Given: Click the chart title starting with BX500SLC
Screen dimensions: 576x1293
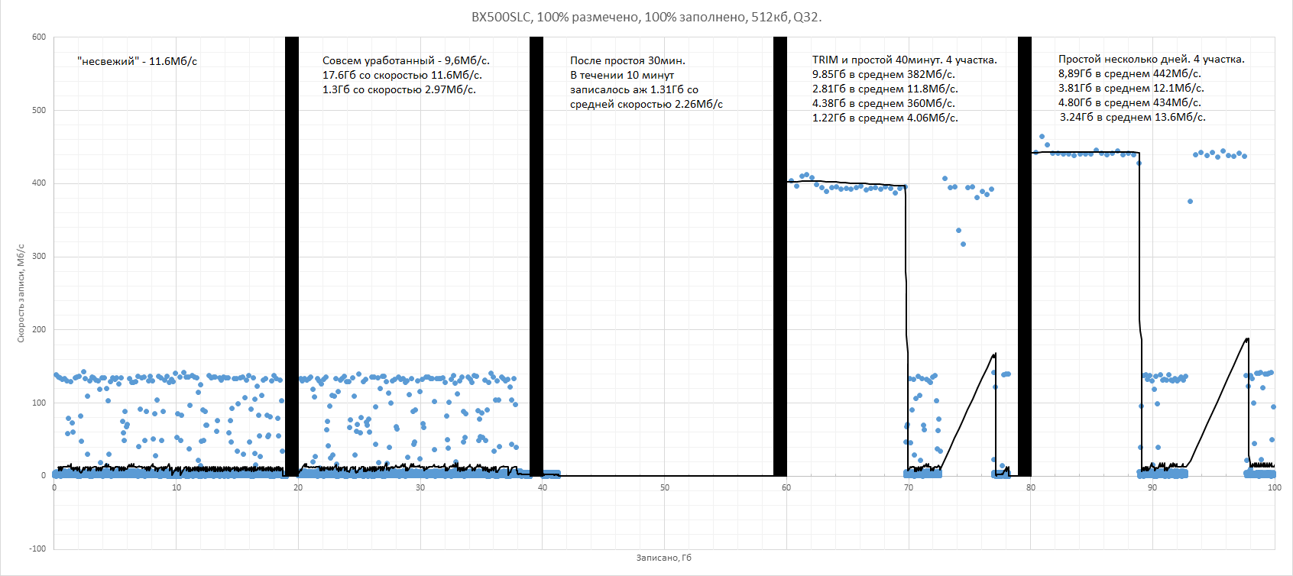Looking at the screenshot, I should tap(646, 17).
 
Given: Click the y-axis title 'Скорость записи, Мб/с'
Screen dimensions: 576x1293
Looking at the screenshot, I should tap(21, 293).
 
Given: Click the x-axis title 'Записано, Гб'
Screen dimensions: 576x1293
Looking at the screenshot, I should tap(663, 558).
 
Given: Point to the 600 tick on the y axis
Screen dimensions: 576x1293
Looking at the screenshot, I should tap(39, 37).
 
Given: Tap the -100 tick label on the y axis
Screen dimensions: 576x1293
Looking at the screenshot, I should tap(37, 548).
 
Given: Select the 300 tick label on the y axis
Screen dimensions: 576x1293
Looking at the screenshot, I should tap(39, 256).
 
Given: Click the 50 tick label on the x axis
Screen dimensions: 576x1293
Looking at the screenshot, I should tap(664, 487).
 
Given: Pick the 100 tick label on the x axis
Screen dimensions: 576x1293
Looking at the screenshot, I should tap(1274, 487).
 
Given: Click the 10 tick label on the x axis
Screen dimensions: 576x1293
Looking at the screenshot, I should tap(177, 487).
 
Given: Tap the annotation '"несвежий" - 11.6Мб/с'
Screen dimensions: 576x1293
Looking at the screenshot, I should tap(138, 61).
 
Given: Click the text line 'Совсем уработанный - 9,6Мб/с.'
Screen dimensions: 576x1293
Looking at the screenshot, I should tap(406, 60).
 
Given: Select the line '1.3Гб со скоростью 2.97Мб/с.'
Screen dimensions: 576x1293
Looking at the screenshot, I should tap(399, 89).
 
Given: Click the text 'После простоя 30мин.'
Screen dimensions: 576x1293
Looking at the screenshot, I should tap(627, 60).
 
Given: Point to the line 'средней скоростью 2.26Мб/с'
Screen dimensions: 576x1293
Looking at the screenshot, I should tap(646, 104).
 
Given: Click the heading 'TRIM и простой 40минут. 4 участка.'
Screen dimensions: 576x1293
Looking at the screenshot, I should tap(904, 60).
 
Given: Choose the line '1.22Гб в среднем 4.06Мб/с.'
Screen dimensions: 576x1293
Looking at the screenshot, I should tap(885, 118).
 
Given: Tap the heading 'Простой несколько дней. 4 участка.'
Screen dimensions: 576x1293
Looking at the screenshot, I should tap(1151, 59).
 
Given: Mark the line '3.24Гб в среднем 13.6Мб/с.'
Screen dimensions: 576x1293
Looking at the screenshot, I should tap(1133, 117).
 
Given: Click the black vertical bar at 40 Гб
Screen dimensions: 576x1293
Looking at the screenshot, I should tap(536, 256).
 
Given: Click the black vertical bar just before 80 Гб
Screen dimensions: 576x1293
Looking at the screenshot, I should tap(1024, 256).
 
